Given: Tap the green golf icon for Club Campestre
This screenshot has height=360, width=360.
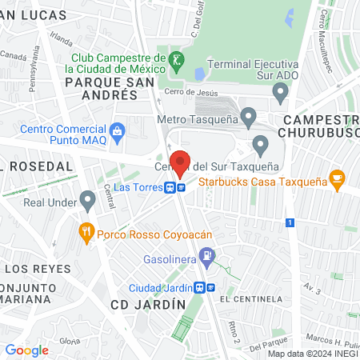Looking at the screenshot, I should pyautogui.click(x=174, y=60).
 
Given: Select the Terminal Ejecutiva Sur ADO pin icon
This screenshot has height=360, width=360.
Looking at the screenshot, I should pyautogui.click(x=280, y=94).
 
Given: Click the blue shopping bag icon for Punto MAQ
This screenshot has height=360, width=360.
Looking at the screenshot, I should pyautogui.click(x=118, y=130).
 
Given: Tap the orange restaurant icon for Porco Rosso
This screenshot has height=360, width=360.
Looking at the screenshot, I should pyautogui.click(x=86, y=234).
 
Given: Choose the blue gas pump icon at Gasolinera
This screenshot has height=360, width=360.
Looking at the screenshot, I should pyautogui.click(x=208, y=257).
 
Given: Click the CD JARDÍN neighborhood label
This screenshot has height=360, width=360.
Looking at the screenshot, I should pyautogui.click(x=148, y=305).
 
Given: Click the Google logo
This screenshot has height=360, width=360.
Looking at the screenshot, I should pyautogui.click(x=27, y=350).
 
